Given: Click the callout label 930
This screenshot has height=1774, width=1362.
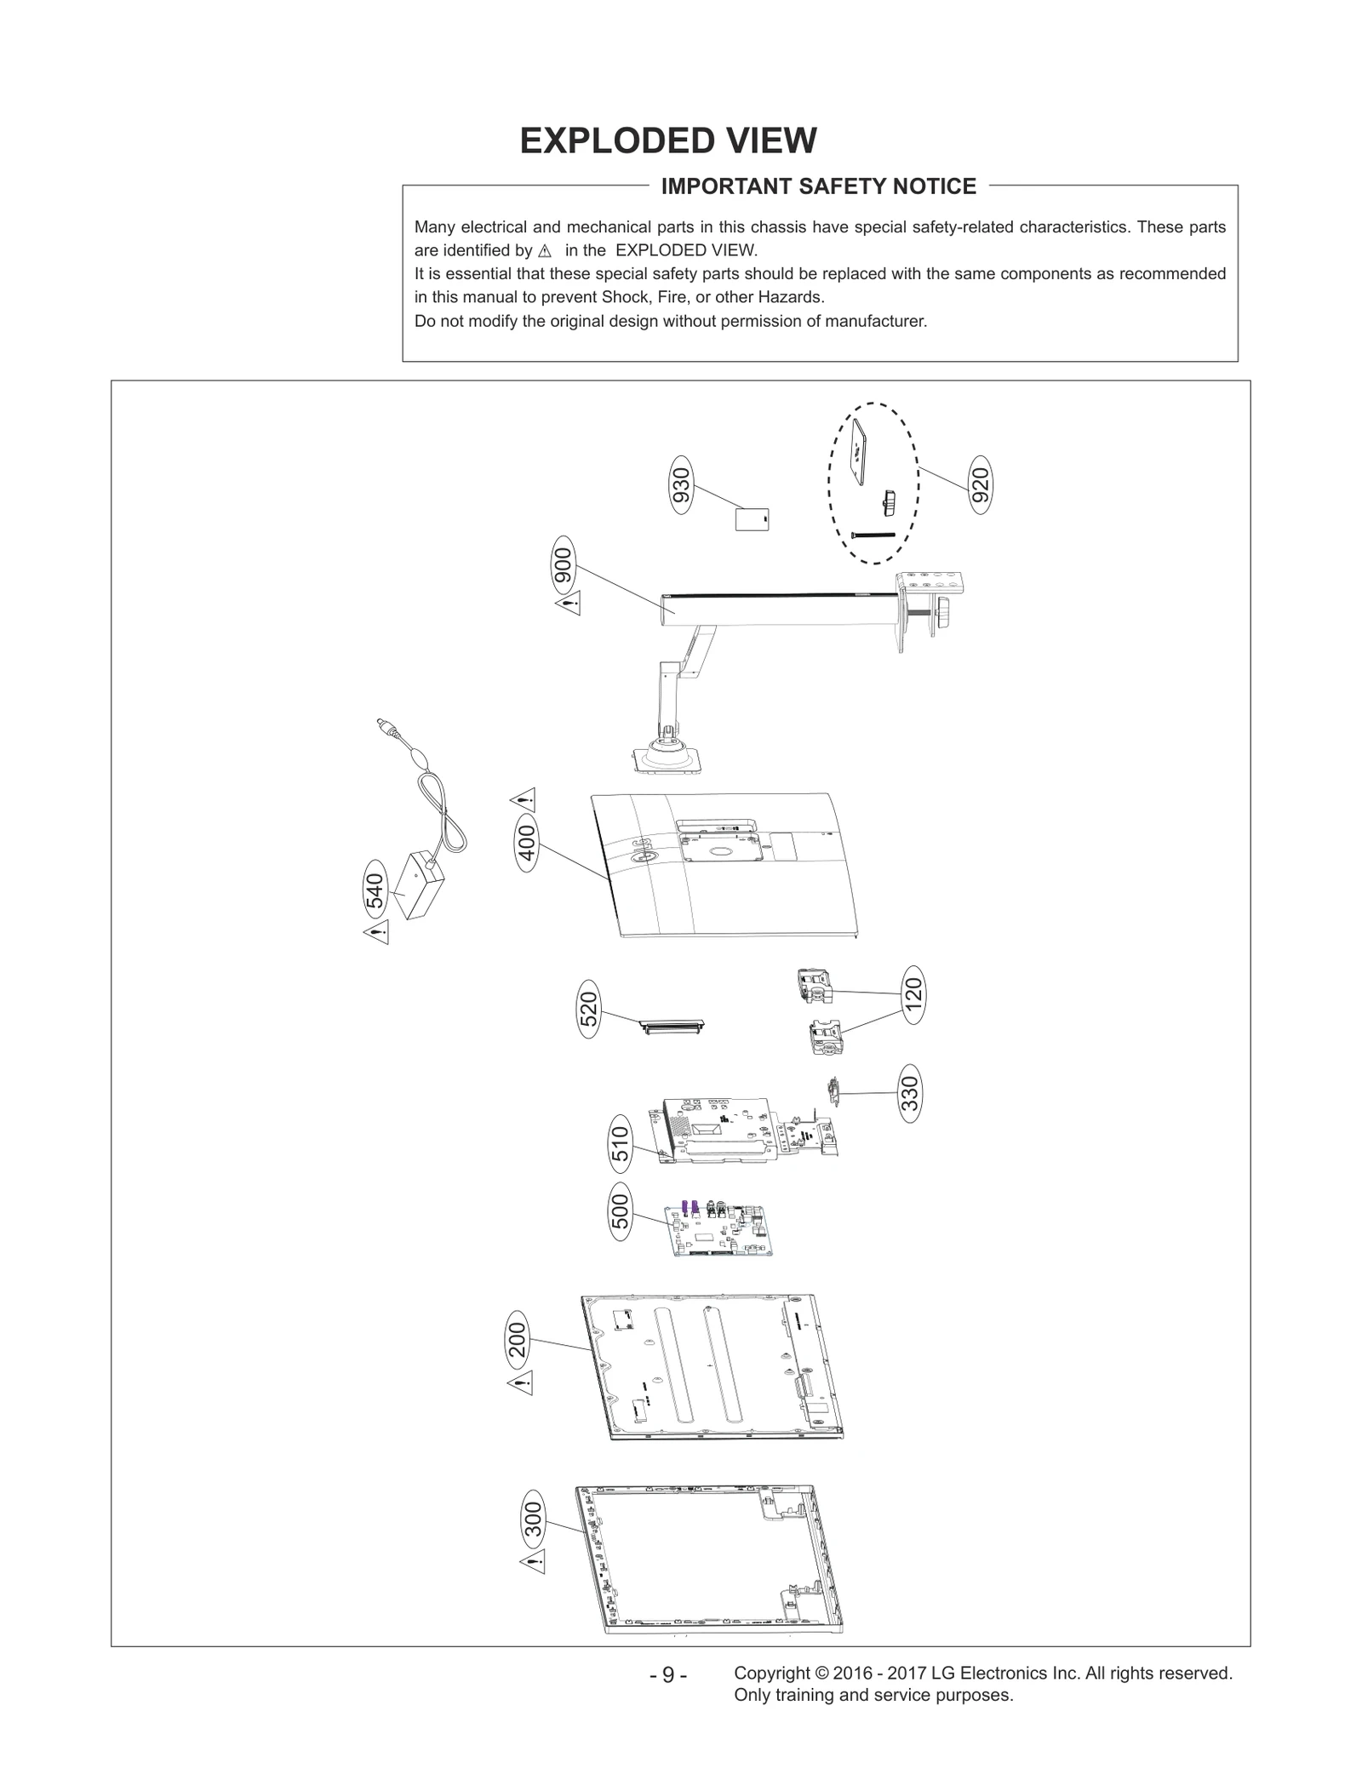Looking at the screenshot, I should [681, 485].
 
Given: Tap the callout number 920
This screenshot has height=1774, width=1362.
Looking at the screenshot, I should [981, 485].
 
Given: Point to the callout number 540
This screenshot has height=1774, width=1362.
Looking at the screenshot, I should [375, 890].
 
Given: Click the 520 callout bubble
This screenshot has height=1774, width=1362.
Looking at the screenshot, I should [588, 1010].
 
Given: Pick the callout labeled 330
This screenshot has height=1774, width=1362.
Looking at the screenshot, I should [910, 1093].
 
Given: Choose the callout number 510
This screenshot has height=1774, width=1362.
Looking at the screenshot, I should [621, 1144].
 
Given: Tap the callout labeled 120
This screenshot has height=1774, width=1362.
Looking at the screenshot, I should [913, 995].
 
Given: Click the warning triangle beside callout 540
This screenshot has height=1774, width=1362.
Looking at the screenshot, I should [376, 932].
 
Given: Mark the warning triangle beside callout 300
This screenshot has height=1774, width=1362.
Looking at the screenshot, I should [533, 1561].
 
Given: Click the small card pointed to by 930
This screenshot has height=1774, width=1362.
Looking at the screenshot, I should [752, 518].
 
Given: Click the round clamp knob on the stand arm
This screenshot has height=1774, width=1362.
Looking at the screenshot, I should [944, 613].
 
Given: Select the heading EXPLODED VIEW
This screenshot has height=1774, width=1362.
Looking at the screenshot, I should [668, 140].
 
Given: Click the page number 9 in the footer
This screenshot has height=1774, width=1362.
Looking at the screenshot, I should [668, 1674].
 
